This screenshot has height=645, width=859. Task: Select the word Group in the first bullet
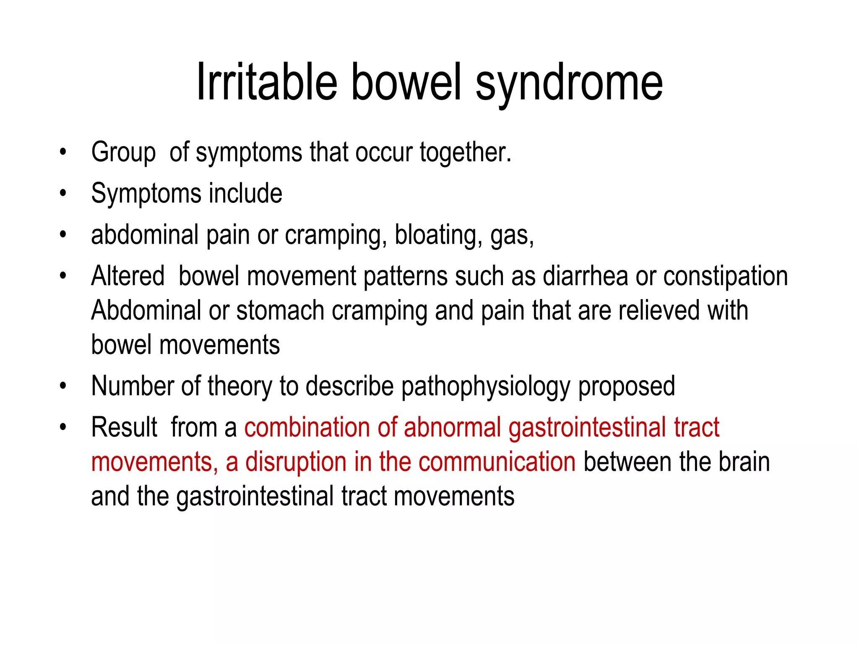click(x=123, y=152)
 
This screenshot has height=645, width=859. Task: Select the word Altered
click(x=128, y=276)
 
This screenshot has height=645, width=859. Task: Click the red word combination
click(x=307, y=427)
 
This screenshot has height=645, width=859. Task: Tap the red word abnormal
click(x=453, y=427)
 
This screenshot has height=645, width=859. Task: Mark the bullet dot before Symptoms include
click(x=63, y=194)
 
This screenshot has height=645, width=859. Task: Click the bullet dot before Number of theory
click(x=63, y=386)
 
